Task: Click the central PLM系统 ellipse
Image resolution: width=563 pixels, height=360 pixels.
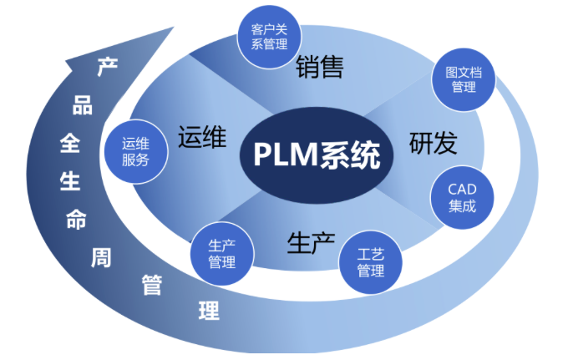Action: click(x=317, y=155)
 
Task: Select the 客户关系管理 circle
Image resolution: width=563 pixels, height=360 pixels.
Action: click(x=269, y=37)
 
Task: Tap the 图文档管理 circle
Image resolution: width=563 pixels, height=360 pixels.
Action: click(x=464, y=79)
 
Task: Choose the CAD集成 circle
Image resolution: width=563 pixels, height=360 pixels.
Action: click(x=462, y=197)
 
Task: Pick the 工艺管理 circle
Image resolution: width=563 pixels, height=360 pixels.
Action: click(x=371, y=262)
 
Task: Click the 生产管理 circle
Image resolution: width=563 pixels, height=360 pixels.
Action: click(x=222, y=254)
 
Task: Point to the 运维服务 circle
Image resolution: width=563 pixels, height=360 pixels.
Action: click(x=135, y=151)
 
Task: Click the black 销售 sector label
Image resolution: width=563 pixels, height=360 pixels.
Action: click(x=320, y=67)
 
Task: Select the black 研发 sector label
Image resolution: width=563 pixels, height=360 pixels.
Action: click(x=433, y=143)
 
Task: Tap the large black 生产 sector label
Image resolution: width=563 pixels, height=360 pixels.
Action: click(x=311, y=243)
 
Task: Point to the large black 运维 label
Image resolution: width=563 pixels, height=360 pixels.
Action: click(x=202, y=136)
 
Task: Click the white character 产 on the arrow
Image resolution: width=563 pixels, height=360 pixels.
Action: click(x=108, y=66)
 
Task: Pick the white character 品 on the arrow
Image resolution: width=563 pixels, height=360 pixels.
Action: click(x=83, y=104)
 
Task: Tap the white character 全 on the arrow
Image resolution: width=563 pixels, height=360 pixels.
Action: click(x=70, y=143)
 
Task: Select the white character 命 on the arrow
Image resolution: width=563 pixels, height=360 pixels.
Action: click(x=76, y=219)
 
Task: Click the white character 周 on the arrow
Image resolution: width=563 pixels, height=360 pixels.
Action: click(x=101, y=257)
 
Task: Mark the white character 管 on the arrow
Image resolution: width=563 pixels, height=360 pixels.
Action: click(x=152, y=285)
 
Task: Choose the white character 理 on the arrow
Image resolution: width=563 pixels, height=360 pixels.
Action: click(x=209, y=311)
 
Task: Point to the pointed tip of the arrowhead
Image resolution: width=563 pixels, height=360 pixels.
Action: click(x=174, y=27)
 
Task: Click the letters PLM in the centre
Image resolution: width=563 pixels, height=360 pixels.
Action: click(x=287, y=155)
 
